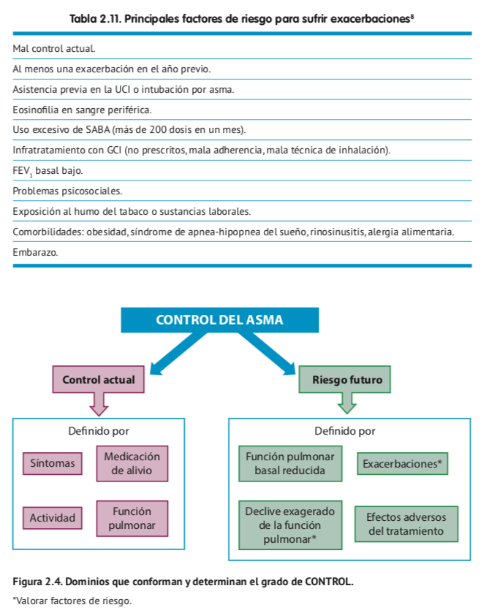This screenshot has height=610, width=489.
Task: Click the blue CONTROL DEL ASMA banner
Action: click(x=219, y=320)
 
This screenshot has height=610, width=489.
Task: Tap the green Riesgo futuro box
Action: click(x=346, y=380)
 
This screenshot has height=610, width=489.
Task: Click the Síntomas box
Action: click(x=53, y=463)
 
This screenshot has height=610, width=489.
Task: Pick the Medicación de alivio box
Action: click(x=132, y=463)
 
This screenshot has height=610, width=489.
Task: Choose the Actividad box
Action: click(x=53, y=518)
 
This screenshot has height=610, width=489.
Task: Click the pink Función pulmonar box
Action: click(x=132, y=518)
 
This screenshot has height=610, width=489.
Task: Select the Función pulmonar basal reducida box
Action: click(x=290, y=463)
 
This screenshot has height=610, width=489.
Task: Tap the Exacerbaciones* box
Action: click(x=402, y=463)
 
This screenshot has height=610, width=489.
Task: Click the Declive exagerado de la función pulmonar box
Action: click(x=290, y=525)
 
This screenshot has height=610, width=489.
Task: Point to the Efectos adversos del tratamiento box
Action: click(x=406, y=524)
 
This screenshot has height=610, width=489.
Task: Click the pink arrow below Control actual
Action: click(x=98, y=405)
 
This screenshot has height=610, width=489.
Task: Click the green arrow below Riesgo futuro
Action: click(x=346, y=405)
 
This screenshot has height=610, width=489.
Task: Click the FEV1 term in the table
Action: click(x=22, y=171)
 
